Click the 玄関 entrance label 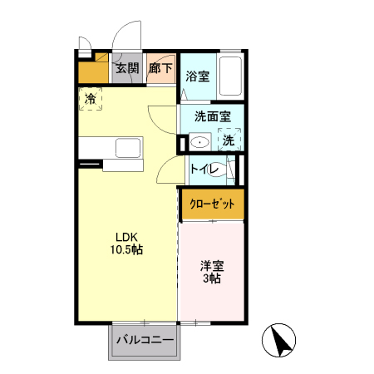point(126,69)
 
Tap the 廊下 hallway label point(160,69)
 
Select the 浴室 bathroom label point(197,76)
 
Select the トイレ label point(204,170)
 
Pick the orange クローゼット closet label point(212,204)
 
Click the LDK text point(126,235)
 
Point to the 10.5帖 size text point(126,249)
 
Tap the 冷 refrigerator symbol point(91,98)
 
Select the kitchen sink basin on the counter point(128,149)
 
